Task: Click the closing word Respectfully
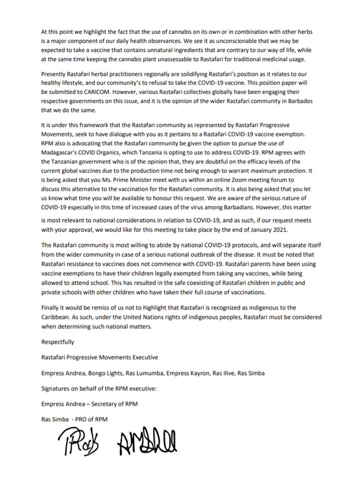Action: (x=58, y=342)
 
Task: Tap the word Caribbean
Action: (x=57, y=317)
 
